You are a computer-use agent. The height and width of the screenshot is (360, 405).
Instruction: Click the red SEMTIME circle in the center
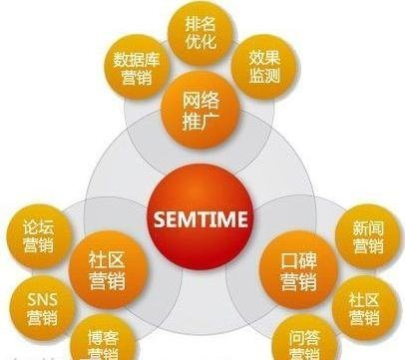click(202, 216)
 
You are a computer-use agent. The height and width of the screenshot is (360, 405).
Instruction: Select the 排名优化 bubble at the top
click(202, 32)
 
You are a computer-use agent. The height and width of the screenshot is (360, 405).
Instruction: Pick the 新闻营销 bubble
click(366, 237)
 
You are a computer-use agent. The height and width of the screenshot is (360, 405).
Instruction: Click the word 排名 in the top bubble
click(202, 22)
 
